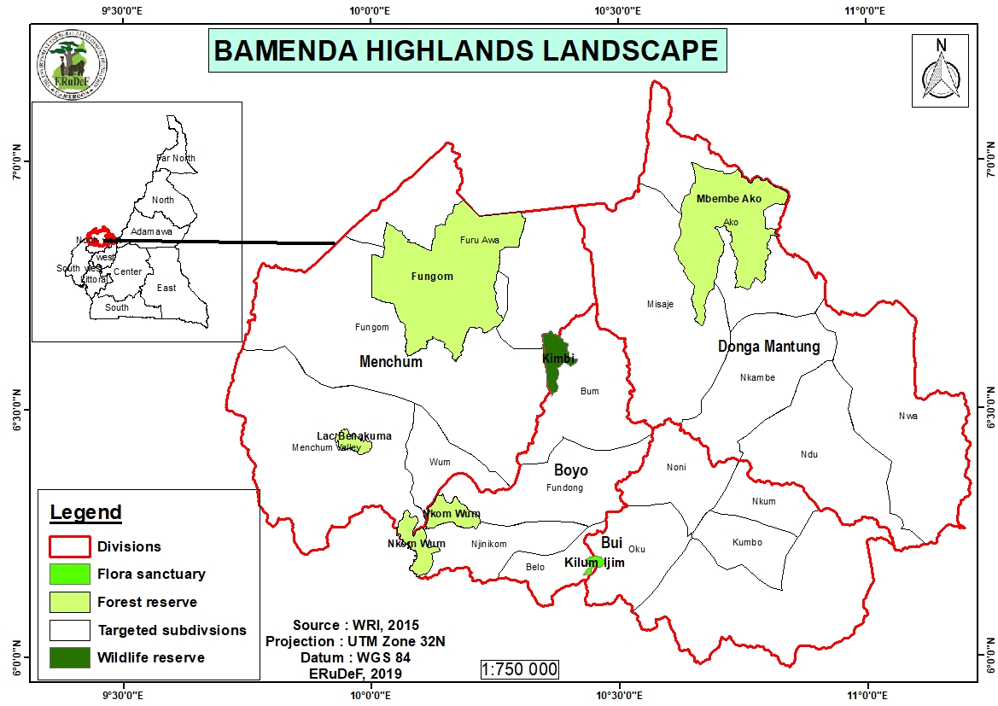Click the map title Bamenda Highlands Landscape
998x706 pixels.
tap(466, 50)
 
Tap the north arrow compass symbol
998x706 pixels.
tap(941, 71)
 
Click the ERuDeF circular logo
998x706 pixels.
tap(72, 65)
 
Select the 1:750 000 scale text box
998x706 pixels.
tap(519, 668)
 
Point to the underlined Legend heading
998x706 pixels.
tap(85, 513)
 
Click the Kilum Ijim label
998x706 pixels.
tap(595, 563)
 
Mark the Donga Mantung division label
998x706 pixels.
tap(768, 347)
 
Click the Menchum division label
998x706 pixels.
tap(391, 362)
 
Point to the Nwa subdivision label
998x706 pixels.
tap(908, 416)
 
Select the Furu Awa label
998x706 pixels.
tap(479, 240)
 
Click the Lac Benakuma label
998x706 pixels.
tap(354, 436)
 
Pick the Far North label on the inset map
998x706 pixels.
tap(176, 158)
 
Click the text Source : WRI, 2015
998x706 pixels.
tap(356, 625)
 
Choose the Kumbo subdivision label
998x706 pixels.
tap(747, 543)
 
